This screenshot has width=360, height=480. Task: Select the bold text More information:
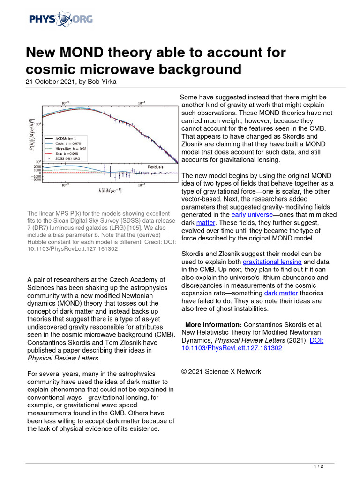pos(213,325)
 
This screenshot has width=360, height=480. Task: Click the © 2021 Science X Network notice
pos(221,372)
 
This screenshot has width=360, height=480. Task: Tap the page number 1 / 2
pos(318,467)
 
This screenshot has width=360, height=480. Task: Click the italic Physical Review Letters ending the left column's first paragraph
pos(63,358)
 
